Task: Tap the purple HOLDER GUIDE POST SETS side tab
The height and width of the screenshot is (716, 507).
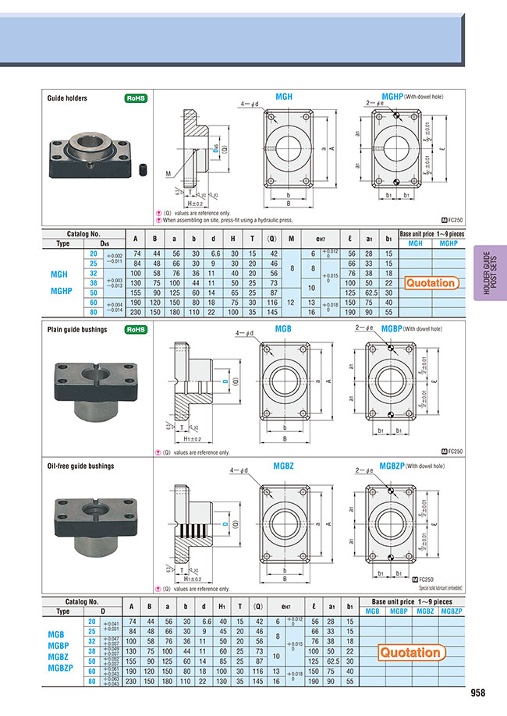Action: tap(489, 272)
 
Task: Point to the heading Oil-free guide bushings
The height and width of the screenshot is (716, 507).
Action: tap(80, 466)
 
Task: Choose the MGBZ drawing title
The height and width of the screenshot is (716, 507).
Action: tap(284, 466)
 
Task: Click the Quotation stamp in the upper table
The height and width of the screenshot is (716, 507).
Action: tap(431, 283)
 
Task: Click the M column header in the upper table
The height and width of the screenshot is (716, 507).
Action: tap(291, 239)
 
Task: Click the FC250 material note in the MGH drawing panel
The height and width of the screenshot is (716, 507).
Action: tap(452, 222)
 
